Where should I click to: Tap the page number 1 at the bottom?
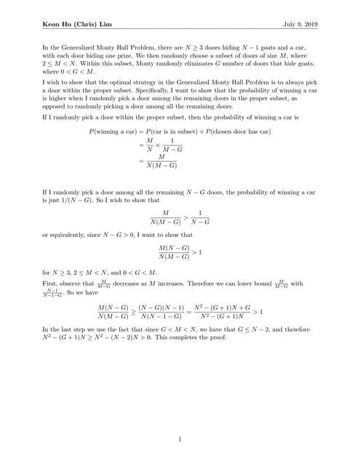coord(180,438)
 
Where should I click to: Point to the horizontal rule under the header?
coord(180,30)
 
